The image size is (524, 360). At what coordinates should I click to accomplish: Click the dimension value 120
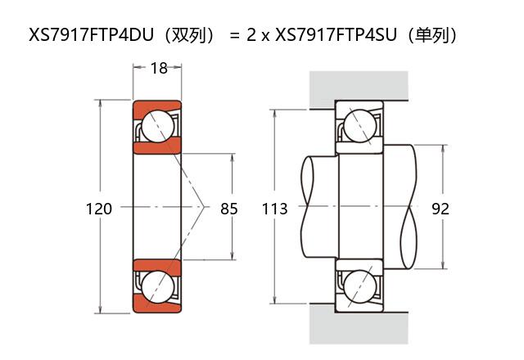(x=99, y=209)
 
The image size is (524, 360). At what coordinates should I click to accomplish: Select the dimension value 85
(x=229, y=209)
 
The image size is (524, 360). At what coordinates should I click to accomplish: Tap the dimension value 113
(x=275, y=209)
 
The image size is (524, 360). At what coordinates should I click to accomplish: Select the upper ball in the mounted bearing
(x=359, y=127)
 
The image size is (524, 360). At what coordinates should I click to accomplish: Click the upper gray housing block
(x=359, y=88)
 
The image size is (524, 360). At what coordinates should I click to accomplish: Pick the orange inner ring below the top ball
(x=157, y=149)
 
